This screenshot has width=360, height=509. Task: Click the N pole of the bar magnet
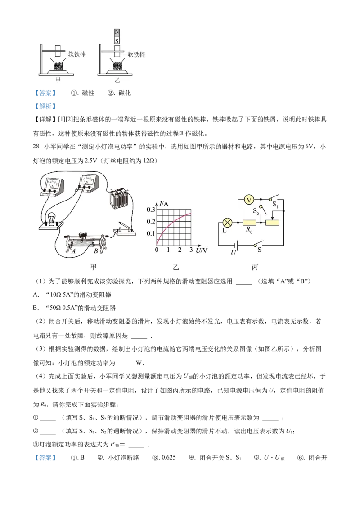117,32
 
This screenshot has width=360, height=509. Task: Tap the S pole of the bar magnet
117,40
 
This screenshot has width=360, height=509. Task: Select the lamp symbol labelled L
228,223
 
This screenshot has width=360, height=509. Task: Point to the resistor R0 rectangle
249,223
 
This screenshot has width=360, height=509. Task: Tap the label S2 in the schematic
256,210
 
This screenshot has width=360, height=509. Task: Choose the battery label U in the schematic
233,253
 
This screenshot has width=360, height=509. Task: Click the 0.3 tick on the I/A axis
149,210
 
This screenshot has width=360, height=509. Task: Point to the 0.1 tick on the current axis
149,233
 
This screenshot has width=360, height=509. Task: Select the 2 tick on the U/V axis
180,250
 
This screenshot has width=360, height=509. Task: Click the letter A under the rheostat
73,251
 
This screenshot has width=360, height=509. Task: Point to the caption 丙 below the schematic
255,268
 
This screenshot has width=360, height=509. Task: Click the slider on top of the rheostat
82,235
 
